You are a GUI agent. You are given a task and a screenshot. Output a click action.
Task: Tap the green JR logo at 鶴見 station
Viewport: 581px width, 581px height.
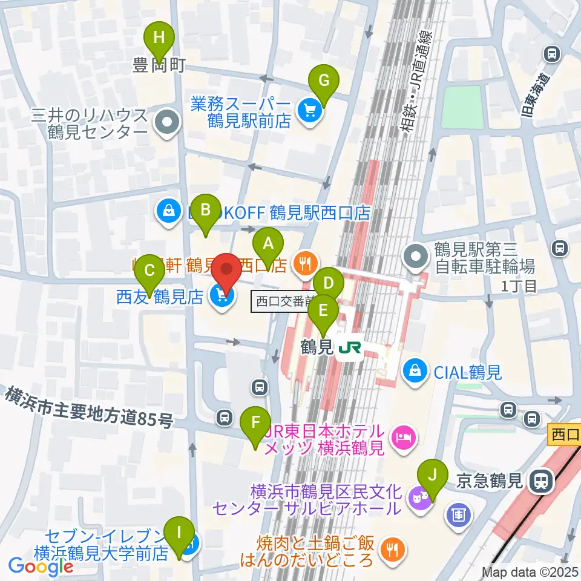(x=350, y=347)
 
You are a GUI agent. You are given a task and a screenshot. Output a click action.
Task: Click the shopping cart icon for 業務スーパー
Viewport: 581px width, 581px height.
(x=310, y=110)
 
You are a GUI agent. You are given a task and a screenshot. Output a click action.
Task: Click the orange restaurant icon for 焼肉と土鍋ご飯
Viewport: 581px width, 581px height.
(x=391, y=549)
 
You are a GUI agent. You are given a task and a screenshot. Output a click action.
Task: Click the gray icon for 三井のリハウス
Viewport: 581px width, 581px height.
(x=165, y=123)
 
